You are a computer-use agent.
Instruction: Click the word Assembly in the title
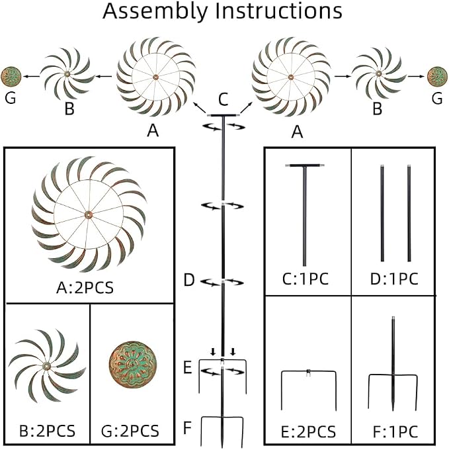pyautogui.click(x=155, y=12)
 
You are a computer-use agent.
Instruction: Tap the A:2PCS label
pyautogui.click(x=85, y=287)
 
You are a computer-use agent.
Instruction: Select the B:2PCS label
pyautogui.click(x=47, y=431)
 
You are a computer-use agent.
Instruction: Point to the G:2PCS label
pyautogui.click(x=130, y=431)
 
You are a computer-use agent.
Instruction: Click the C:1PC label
pyautogui.click(x=306, y=279)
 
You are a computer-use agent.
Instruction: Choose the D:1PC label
pyautogui.click(x=394, y=279)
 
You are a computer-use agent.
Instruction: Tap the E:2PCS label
pyautogui.click(x=308, y=431)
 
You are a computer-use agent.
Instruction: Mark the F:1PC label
pyautogui.click(x=395, y=431)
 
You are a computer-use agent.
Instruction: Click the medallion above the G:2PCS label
pyautogui.click(x=133, y=365)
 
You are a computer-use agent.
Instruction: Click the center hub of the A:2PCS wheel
pyautogui.click(x=88, y=214)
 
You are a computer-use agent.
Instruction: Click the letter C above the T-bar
pyautogui.click(x=223, y=99)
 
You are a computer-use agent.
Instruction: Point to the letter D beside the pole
pyautogui.click(x=189, y=280)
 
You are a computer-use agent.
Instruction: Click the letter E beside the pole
pyautogui.click(x=188, y=367)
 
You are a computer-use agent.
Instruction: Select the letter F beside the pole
pyautogui.click(x=187, y=427)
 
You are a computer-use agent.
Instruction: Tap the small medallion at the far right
pyautogui.click(x=437, y=76)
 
